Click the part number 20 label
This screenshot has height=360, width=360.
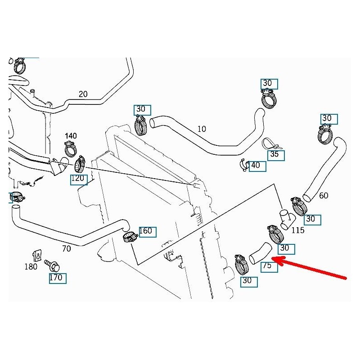coord(83,94)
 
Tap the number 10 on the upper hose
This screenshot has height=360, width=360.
coord(202,129)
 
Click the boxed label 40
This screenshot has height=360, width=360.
coord(256,165)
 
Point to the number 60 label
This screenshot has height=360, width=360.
coord(323,196)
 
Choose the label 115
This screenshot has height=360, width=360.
coord(298,230)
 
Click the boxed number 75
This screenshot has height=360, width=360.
coord(267,265)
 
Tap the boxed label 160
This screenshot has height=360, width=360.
coord(146,231)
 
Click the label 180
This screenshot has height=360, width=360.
coord(31,267)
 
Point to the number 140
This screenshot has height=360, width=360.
coord(71,135)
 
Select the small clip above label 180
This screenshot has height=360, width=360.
coord(39,255)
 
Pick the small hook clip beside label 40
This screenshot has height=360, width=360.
coord(244,165)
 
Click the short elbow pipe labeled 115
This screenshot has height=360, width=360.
coord(285,218)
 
